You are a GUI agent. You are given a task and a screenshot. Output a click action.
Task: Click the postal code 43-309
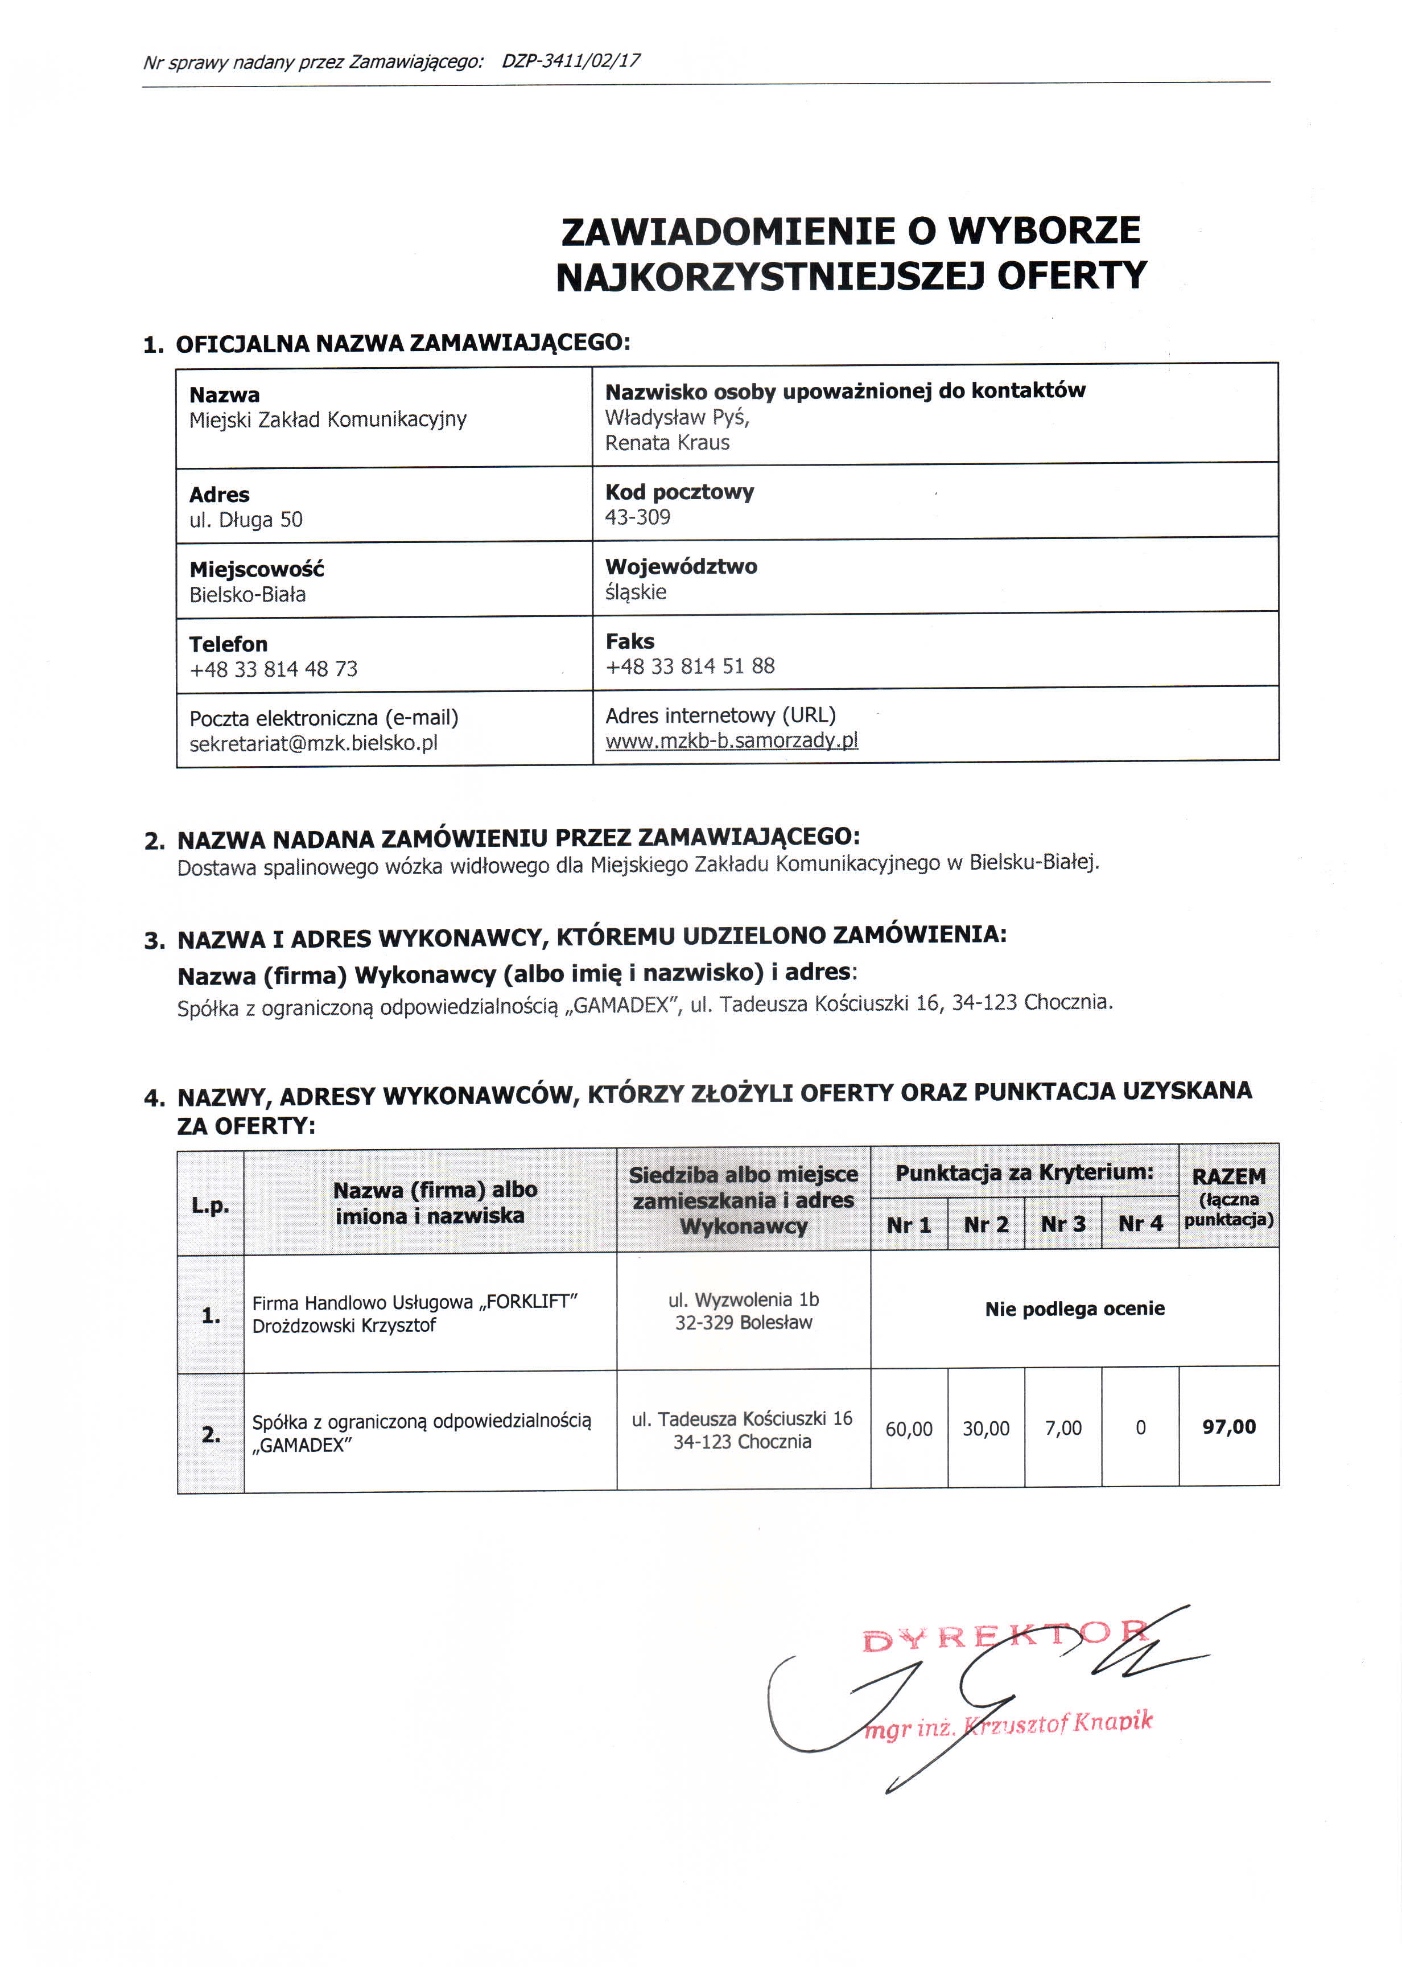click(638, 517)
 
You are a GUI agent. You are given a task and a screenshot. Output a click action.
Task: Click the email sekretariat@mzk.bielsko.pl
click(314, 743)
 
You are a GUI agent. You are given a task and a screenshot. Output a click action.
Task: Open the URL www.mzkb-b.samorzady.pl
click(731, 740)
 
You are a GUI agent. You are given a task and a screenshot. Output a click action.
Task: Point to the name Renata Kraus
click(667, 443)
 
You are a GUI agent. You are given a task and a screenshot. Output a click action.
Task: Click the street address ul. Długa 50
click(246, 520)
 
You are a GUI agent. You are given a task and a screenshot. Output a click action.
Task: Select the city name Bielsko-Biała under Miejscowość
click(248, 595)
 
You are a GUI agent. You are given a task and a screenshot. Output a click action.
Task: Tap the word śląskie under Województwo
click(636, 592)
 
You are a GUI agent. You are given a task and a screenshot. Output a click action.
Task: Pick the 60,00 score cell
click(909, 1429)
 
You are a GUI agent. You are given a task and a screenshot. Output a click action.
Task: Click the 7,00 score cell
click(1063, 1428)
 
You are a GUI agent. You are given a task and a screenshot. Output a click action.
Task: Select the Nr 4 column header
click(1140, 1224)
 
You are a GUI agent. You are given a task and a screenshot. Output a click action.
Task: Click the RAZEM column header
click(1228, 1176)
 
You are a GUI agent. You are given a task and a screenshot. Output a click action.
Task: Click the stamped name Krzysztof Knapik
click(1058, 1723)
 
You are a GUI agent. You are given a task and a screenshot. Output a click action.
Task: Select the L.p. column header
click(211, 1205)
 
